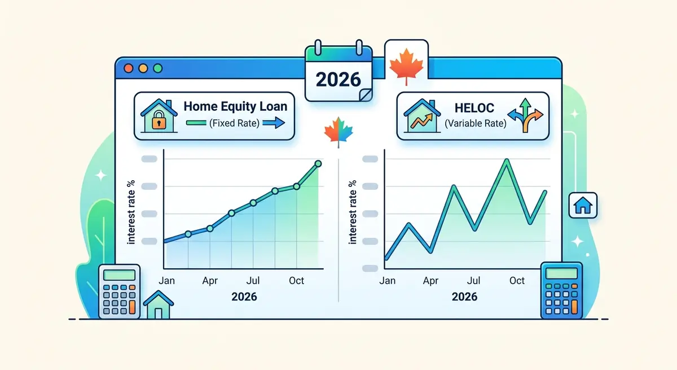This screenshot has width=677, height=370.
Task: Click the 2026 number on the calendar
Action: pos(338,79)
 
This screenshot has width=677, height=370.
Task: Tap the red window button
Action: pos(128,68)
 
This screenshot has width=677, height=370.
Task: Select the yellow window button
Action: pos(143,68)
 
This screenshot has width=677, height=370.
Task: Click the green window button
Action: pos(157,68)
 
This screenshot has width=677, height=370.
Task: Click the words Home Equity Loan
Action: pos(235,106)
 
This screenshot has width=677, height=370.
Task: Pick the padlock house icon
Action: pos(157,116)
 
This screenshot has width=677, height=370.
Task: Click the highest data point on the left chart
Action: pos(318,163)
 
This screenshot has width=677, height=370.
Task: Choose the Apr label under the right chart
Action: pos(430,281)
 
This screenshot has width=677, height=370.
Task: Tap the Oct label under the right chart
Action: pos(517,281)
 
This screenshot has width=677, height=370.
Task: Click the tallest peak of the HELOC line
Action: pos(507,160)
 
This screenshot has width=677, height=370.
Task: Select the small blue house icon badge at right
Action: pos(581,204)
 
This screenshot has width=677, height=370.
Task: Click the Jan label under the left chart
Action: pos(166,281)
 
